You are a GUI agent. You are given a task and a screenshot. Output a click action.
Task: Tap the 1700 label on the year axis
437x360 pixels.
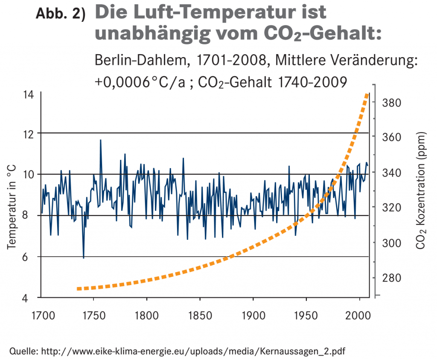tap(43, 316)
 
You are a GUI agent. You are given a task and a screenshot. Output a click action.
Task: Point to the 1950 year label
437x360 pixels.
tap(306, 316)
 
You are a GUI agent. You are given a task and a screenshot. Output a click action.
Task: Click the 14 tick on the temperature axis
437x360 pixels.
tap(28, 94)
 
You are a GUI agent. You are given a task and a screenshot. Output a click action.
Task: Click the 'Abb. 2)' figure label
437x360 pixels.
tap(60, 14)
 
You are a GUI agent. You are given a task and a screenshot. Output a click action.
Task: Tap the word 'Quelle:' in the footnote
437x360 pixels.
tap(24, 351)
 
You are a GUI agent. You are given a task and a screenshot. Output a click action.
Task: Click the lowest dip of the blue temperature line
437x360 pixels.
tap(84, 258)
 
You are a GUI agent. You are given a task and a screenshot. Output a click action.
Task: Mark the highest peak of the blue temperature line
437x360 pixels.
tap(101, 140)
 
